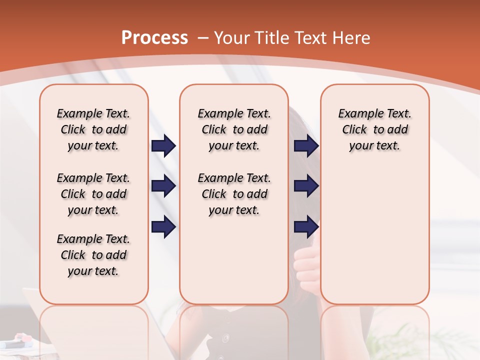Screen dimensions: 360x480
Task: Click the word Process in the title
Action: [154, 38]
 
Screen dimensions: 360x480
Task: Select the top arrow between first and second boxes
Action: [163, 146]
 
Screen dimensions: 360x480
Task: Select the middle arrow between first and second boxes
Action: [163, 186]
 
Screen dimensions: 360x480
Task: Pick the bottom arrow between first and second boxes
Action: [163, 227]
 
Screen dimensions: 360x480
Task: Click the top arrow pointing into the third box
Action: [306, 146]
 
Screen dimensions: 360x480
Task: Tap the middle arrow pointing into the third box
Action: [306, 186]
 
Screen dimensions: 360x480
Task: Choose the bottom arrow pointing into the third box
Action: [306, 227]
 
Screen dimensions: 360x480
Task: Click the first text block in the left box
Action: [93, 129]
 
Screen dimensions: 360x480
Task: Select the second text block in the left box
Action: [93, 194]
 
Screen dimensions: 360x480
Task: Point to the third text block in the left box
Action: [93, 255]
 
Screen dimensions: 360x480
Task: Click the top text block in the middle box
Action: [234, 129]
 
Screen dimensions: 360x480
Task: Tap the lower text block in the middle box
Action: [234, 194]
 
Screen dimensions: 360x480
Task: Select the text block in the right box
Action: [374, 129]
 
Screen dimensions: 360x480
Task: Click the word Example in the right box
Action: [357, 113]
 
